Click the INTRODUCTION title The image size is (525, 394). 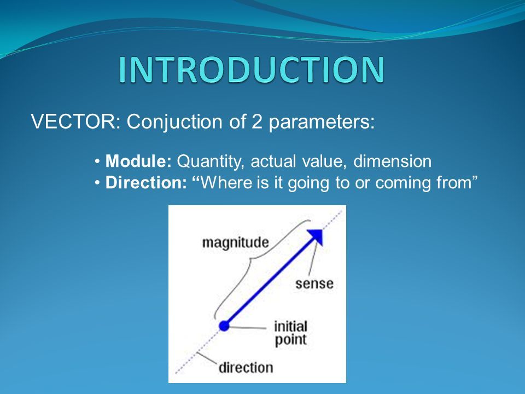(252, 69)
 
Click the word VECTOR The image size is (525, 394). (73, 121)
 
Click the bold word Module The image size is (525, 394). (138, 161)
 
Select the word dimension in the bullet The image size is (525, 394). (393, 161)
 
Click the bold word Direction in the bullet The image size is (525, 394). (146, 183)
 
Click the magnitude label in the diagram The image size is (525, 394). (235, 242)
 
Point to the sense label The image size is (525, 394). (314, 284)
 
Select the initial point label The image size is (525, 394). (290, 333)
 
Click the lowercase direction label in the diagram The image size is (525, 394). (246, 368)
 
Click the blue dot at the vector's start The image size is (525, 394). (224, 325)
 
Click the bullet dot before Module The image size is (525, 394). (97, 162)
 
